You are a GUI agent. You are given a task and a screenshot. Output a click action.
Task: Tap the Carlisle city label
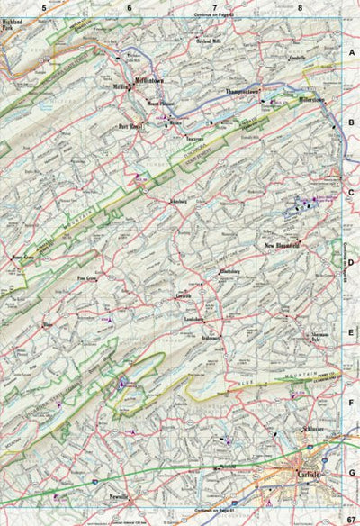307,473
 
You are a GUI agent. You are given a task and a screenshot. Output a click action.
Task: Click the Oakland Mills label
208,40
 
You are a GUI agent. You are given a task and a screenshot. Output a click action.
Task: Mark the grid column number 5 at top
42,8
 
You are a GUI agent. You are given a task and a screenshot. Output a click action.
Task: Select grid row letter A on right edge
352,54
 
